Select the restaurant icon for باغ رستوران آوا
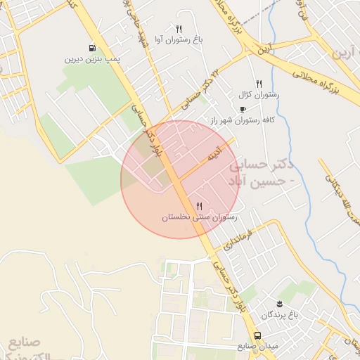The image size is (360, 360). point(179,29)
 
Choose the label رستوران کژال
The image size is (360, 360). point(259,94)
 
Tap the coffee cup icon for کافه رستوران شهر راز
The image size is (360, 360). point(243,109)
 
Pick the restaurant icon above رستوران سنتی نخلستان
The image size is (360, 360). point(200,206)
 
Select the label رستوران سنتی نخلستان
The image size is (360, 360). point(200,218)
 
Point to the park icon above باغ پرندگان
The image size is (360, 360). point(280,303)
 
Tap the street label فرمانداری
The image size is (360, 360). point(237,238)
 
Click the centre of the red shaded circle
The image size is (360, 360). point(179,179)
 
